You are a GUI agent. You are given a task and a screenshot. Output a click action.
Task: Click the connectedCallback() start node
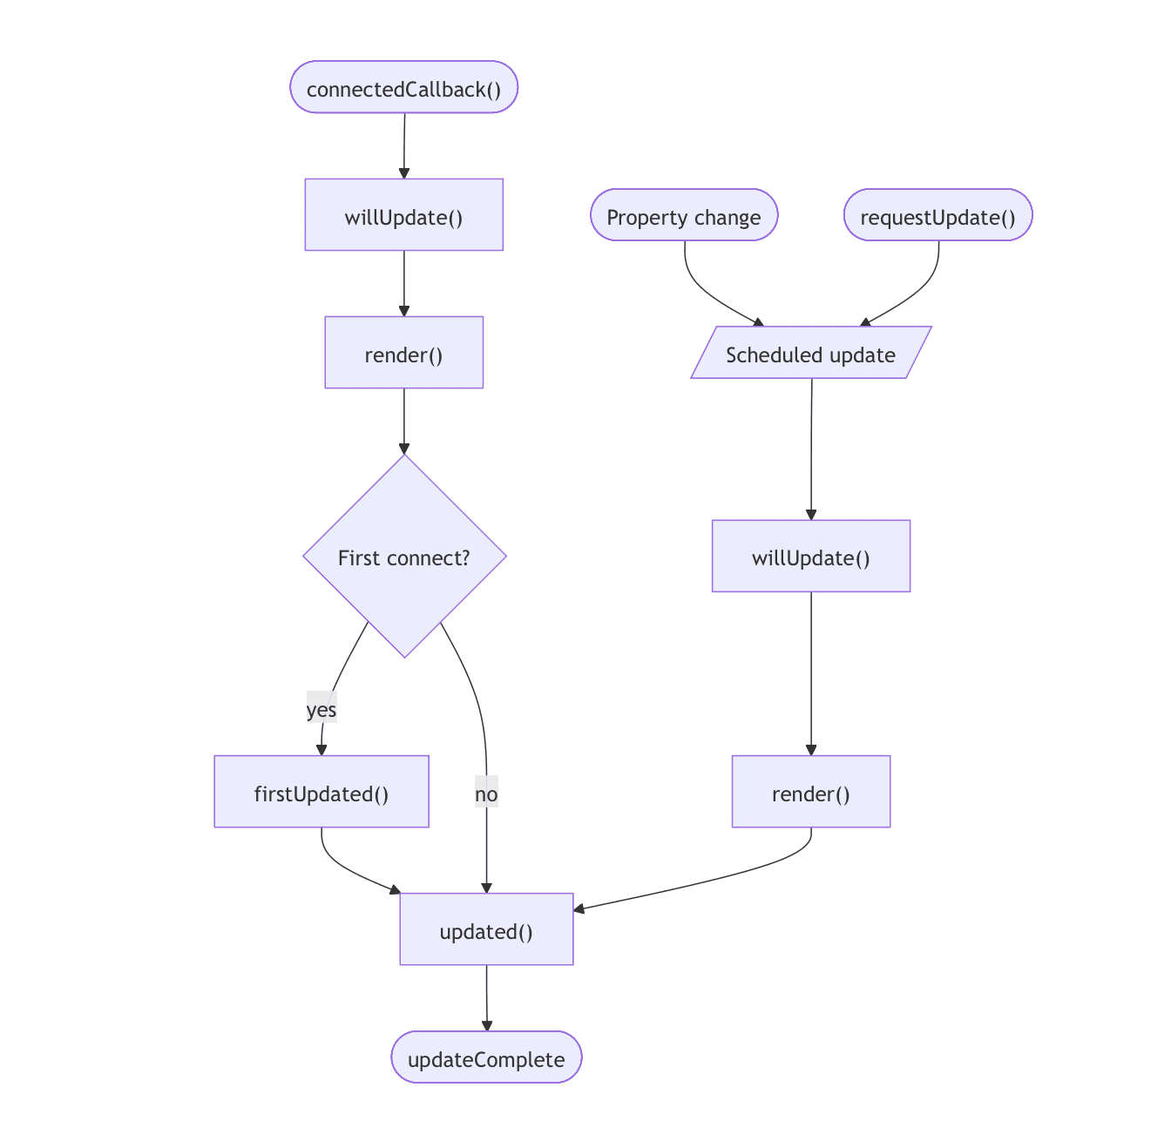pyautogui.click(x=403, y=87)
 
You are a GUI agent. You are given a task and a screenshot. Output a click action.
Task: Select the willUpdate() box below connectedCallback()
pyautogui.click(x=403, y=215)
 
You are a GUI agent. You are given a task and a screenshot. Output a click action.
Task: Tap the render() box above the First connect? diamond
pyautogui.click(x=403, y=352)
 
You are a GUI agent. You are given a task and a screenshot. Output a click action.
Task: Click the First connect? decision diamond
pyautogui.click(x=404, y=556)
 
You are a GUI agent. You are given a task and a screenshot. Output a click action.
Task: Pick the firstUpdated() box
pyautogui.click(x=322, y=791)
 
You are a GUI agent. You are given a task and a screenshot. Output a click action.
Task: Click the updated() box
pyautogui.click(x=486, y=929)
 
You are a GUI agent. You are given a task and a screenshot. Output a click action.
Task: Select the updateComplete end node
pyautogui.click(x=486, y=1057)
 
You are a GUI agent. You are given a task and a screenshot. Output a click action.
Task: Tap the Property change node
pyautogui.click(x=684, y=215)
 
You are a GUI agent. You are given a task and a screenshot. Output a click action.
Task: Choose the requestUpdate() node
pyautogui.click(x=937, y=215)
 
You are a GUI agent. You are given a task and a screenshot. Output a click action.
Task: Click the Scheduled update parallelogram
pyautogui.click(x=810, y=353)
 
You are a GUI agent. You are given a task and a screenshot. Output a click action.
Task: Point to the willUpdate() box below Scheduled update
pyautogui.click(x=810, y=556)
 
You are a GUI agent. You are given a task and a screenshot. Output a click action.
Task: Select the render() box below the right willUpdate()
pyautogui.click(x=810, y=791)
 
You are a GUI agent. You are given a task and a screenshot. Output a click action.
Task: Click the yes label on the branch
pyautogui.click(x=322, y=710)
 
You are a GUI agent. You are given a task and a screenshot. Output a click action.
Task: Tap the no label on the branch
pyautogui.click(x=486, y=794)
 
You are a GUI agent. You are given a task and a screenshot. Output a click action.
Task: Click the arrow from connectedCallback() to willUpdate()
pyautogui.click(x=404, y=145)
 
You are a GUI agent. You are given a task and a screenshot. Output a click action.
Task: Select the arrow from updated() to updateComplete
pyautogui.click(x=486, y=997)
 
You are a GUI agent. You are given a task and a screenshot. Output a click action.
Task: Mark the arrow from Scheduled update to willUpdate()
pyautogui.click(x=811, y=449)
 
